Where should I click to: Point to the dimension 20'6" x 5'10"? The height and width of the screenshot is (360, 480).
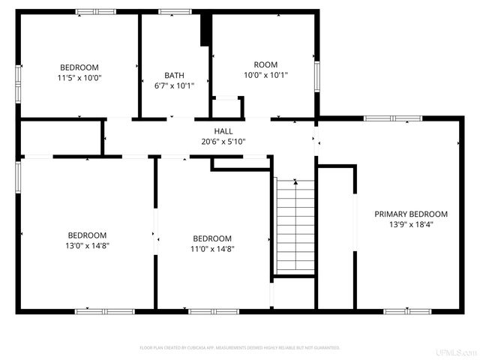point(223,141)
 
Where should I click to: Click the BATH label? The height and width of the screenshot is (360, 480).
point(174,75)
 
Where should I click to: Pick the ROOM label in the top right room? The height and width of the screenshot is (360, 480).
point(265,64)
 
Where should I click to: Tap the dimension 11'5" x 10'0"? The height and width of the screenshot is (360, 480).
point(79,77)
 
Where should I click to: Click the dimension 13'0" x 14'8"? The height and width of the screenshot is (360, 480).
point(87,244)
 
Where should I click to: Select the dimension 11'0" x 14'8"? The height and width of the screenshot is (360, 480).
point(212,249)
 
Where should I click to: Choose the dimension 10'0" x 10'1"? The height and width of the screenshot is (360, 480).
point(265,75)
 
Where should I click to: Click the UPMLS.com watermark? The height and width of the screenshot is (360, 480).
point(460,352)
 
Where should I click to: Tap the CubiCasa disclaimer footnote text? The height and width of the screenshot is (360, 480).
point(240,348)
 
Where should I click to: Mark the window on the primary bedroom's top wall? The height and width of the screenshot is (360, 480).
point(393,118)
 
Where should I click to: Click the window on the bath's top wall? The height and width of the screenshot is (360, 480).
point(175,11)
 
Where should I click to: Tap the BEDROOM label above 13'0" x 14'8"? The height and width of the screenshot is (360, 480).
point(87,235)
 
